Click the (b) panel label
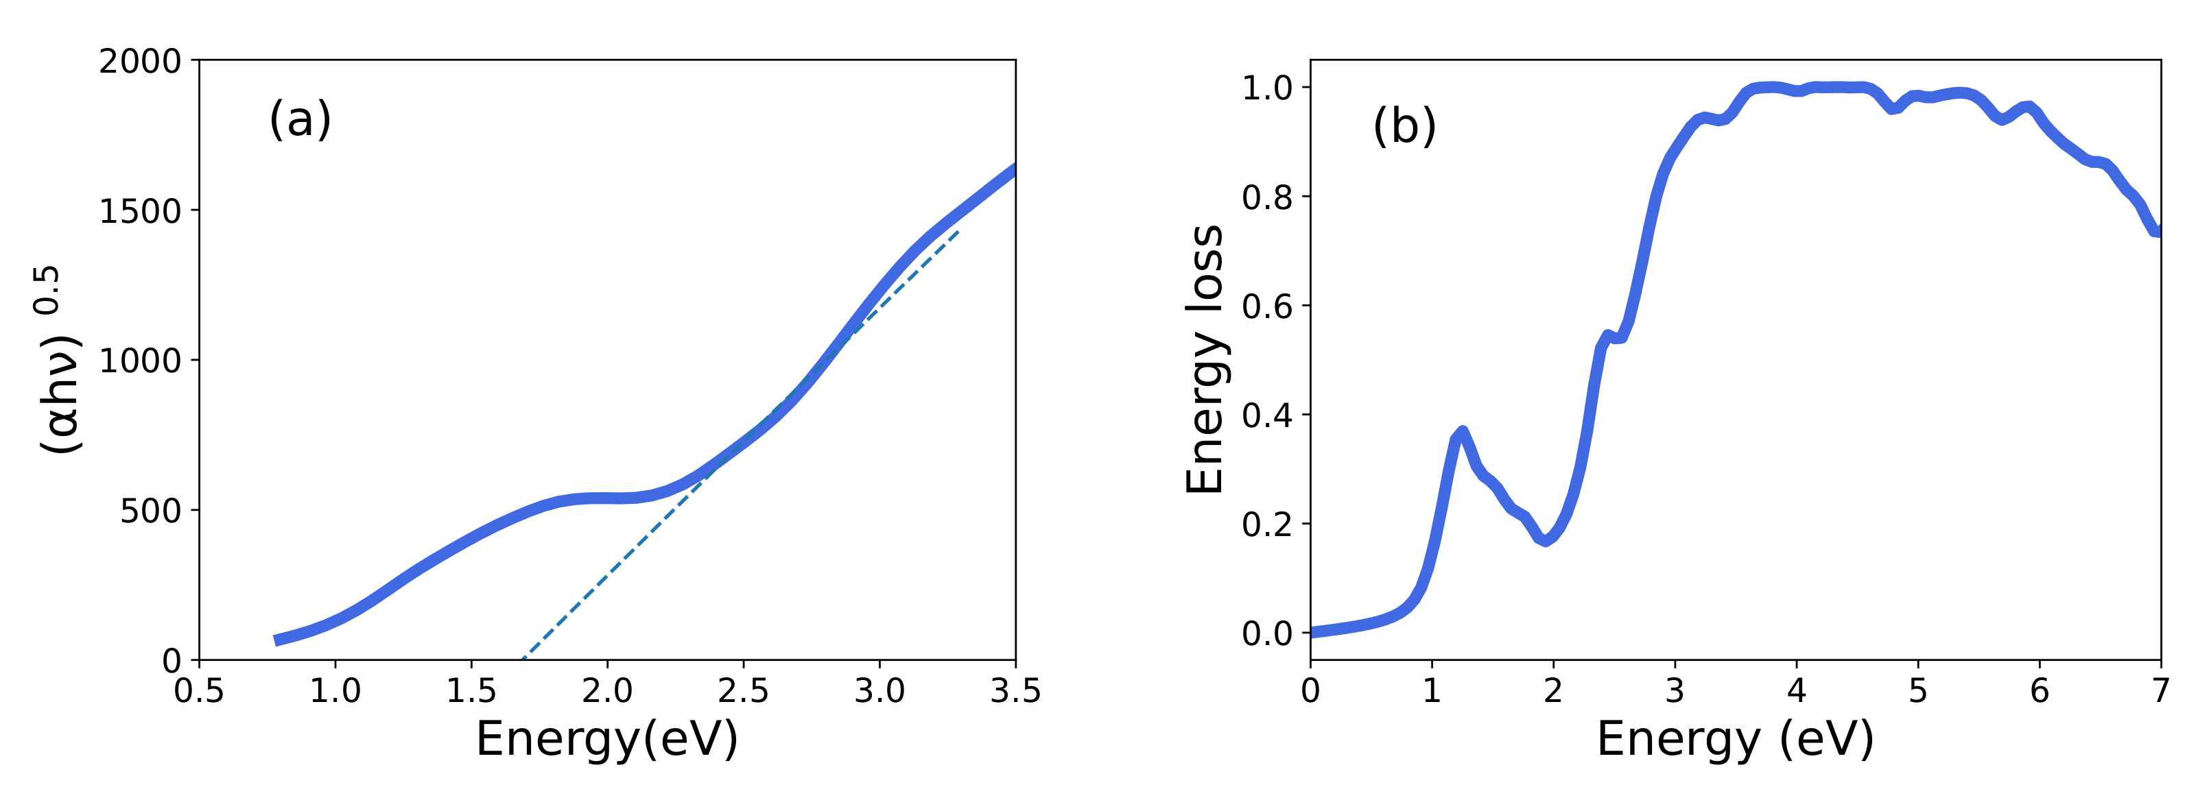[1404, 126]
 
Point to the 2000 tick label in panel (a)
[140, 62]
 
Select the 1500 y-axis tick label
[140, 211]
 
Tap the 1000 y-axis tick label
[140, 361]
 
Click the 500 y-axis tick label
[150, 511]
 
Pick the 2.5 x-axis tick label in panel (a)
[742, 691]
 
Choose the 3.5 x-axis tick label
[1015, 691]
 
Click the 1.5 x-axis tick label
[471, 691]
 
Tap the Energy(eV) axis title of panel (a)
[607, 739]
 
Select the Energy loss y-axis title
[1204, 360]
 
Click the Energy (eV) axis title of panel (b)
[1735, 739]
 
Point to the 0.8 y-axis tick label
[1266, 198]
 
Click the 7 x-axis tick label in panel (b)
[2161, 691]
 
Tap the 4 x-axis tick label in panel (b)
[1797, 691]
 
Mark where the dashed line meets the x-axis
[522, 659]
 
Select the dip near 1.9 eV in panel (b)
[1545, 541]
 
